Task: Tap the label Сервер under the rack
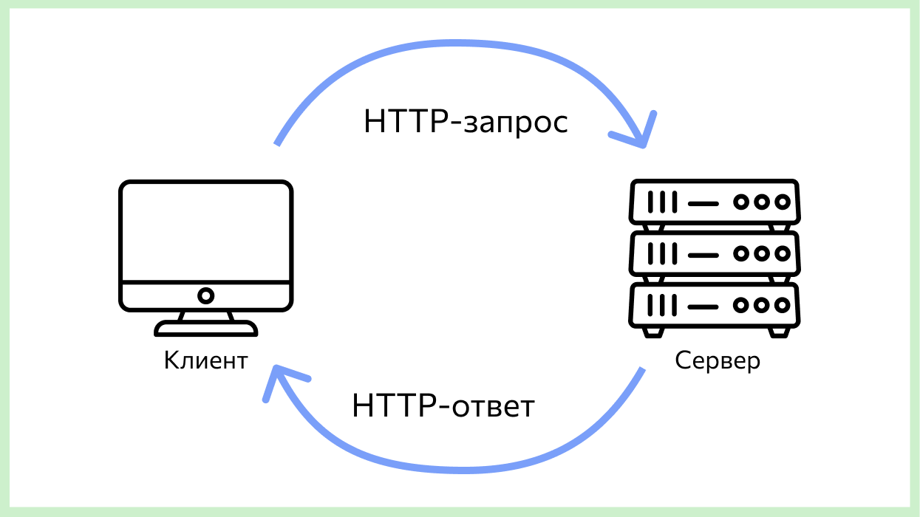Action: click(x=718, y=361)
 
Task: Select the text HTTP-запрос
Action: click(x=466, y=122)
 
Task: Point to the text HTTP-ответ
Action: click(x=443, y=406)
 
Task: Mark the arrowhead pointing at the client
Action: click(x=278, y=380)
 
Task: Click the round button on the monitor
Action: click(x=206, y=295)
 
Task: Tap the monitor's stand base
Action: click(x=206, y=328)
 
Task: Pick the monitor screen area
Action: click(x=206, y=230)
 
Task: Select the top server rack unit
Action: click(x=714, y=201)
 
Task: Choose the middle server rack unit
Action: click(x=714, y=253)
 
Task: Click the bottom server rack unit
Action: click(x=714, y=305)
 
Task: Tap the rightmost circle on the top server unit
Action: click(x=782, y=201)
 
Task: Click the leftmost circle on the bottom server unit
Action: click(x=741, y=305)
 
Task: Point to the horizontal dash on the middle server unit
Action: click(x=702, y=253)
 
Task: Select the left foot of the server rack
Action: click(x=652, y=333)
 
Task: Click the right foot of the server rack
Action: click(x=777, y=333)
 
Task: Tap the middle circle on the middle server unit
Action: click(x=762, y=253)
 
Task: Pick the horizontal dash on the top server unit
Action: click(x=702, y=201)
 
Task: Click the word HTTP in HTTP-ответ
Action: click(x=392, y=406)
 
